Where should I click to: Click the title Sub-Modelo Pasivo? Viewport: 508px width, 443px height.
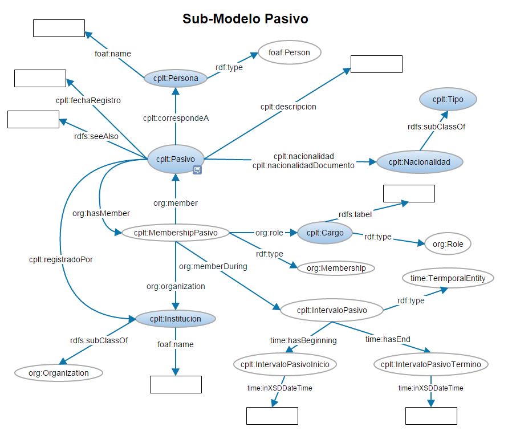(245, 19)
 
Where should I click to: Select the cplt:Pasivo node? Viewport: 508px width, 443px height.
(176, 159)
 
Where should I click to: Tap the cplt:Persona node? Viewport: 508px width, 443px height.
(175, 79)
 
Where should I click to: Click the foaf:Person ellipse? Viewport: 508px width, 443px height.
(290, 52)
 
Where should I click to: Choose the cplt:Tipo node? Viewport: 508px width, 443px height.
(448, 99)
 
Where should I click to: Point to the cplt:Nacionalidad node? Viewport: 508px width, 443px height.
(419, 162)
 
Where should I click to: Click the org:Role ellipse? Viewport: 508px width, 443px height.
(448, 244)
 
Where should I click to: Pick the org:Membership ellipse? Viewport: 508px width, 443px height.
(332, 267)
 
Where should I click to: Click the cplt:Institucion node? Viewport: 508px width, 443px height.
(176, 319)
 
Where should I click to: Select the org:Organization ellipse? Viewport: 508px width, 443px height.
(59, 373)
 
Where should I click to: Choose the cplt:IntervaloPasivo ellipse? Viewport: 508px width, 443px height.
(332, 311)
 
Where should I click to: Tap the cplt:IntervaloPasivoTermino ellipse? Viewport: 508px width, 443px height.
(430, 364)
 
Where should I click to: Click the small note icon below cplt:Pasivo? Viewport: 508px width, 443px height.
(197, 170)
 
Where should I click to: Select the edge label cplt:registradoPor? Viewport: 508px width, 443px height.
(61, 259)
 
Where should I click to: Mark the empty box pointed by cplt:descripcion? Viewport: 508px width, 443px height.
(376, 64)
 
